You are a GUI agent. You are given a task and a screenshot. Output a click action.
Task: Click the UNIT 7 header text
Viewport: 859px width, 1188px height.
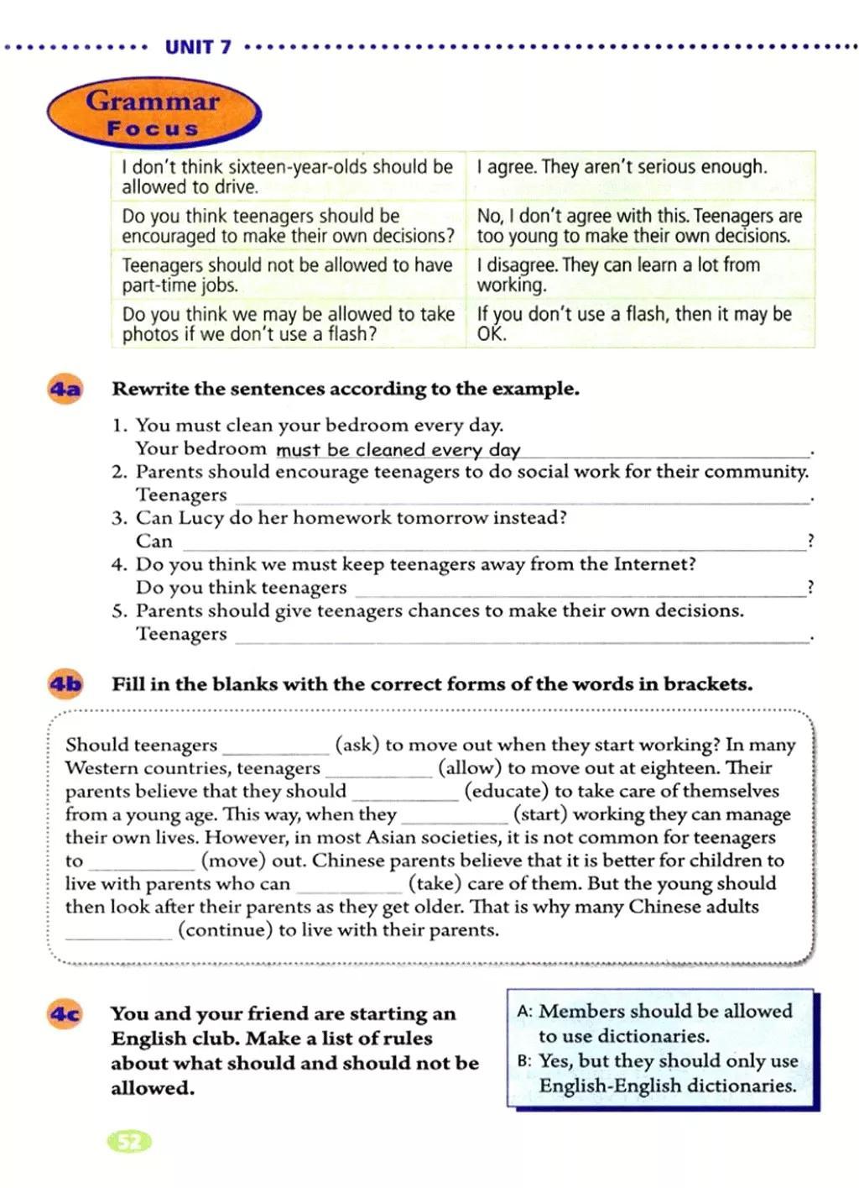[198, 47]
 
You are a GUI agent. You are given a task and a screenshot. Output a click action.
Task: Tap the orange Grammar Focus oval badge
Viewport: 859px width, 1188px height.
[154, 113]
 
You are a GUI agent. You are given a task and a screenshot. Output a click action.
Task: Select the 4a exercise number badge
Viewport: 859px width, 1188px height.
[65, 390]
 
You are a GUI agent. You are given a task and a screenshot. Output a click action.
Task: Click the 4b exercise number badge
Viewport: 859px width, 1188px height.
[65, 685]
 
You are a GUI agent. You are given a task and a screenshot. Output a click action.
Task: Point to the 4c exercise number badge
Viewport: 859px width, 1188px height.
[65, 1015]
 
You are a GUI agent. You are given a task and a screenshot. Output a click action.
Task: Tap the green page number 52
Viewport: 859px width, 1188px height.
[130, 1142]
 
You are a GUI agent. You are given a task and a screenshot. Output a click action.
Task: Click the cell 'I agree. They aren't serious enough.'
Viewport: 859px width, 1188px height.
[622, 167]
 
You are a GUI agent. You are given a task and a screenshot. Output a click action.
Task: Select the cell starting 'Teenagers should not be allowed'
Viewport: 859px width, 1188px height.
[287, 275]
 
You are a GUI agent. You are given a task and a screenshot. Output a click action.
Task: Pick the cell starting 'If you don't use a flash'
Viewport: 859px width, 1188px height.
[634, 323]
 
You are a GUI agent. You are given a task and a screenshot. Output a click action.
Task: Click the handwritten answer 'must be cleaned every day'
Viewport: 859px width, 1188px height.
[398, 450]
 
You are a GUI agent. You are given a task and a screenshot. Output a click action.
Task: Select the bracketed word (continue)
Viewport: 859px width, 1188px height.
[225, 930]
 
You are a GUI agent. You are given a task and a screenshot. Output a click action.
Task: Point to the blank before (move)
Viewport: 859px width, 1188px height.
[141, 862]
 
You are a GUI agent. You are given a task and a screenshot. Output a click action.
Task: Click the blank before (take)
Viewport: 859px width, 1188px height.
[348, 885]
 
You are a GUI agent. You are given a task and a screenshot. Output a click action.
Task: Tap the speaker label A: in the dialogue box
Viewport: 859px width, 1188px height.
[525, 1013]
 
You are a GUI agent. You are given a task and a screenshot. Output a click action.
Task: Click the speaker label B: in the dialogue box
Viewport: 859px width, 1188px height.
[525, 1062]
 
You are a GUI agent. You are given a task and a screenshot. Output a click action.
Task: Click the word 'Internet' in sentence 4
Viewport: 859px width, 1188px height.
[650, 564]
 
